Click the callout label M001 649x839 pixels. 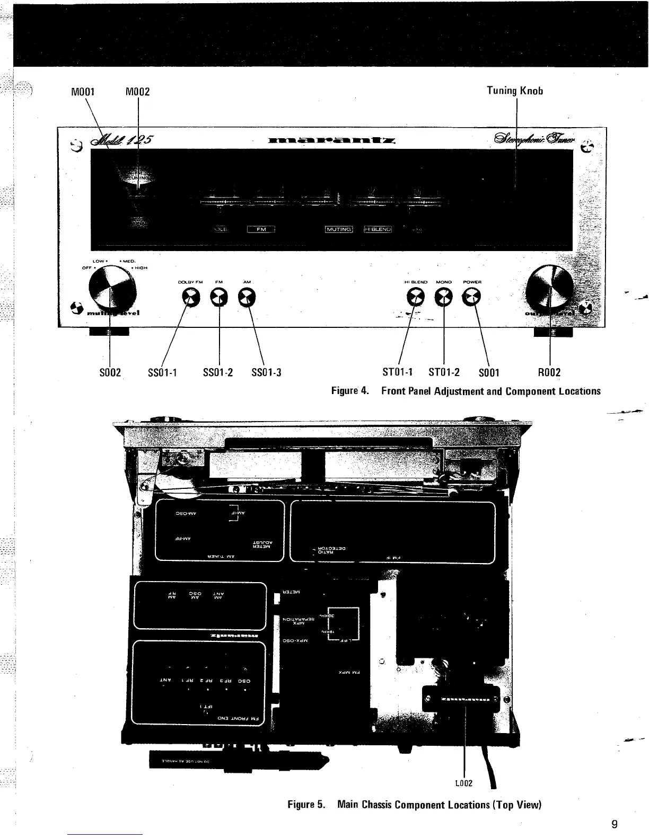pyautogui.click(x=83, y=91)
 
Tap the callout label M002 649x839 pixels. pyautogui.click(x=137, y=92)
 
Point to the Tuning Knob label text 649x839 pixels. pyautogui.click(x=515, y=91)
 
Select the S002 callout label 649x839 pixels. pyautogui.click(x=110, y=372)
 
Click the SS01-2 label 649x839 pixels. pyautogui.click(x=218, y=372)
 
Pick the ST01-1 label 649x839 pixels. pyautogui.click(x=398, y=372)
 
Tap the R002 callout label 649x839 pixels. pyautogui.click(x=549, y=372)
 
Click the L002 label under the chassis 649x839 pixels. pyautogui.click(x=464, y=783)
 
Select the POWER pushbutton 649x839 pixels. pyautogui.click(x=470, y=299)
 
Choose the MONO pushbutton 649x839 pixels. pyautogui.click(x=443, y=299)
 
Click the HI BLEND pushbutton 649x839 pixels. pyautogui.click(x=416, y=299)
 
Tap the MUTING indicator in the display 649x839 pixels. pyautogui.click(x=339, y=229)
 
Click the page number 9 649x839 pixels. pyautogui.click(x=614, y=824)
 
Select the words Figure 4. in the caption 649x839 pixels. pyautogui.click(x=350, y=391)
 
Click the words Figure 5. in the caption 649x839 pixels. pyautogui.click(x=306, y=805)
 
